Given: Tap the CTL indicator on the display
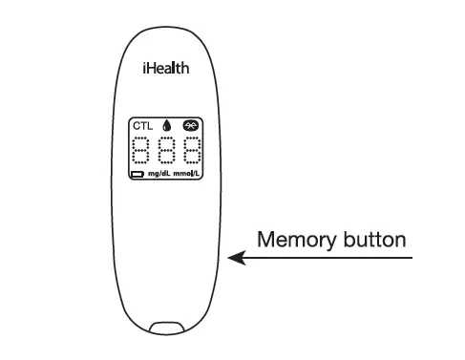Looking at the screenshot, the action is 142,126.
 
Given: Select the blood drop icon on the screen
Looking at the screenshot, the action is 165,126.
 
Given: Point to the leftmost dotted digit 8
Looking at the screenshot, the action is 141,151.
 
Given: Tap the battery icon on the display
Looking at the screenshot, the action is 137,176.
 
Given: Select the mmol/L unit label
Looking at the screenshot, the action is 187,176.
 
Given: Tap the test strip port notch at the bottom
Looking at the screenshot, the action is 166,328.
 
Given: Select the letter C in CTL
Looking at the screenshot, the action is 136,126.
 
